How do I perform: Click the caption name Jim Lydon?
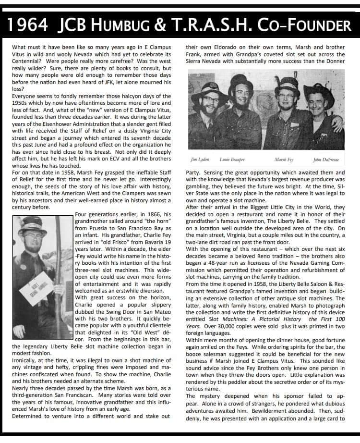(200, 159)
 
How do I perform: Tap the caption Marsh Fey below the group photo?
(284, 159)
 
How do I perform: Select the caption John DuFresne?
(326, 159)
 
